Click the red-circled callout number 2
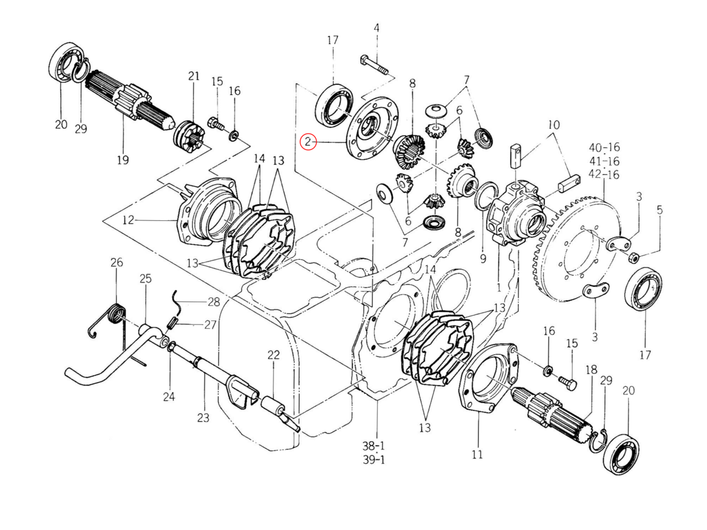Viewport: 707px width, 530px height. (x=308, y=142)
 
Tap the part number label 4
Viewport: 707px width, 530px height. (x=376, y=28)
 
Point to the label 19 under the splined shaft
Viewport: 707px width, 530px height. (x=123, y=160)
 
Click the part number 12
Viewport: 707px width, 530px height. (x=129, y=221)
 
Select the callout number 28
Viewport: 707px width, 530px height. (x=213, y=302)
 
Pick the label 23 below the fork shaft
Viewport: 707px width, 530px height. (x=203, y=418)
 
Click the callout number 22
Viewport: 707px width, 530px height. (x=273, y=355)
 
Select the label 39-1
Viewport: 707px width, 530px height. (x=374, y=460)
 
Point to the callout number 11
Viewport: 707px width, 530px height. (x=477, y=454)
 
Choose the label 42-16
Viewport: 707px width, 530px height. (x=605, y=174)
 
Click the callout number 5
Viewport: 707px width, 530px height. (x=660, y=209)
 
